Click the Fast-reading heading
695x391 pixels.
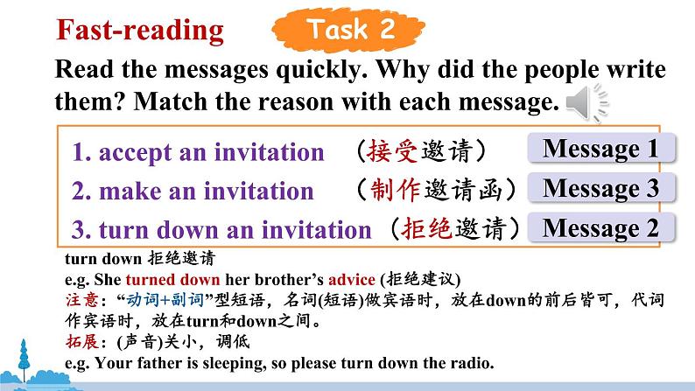[140, 30]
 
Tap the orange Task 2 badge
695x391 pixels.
[349, 30]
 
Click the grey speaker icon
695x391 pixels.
[587, 102]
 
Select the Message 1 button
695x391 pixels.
[601, 148]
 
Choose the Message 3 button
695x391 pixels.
[601, 188]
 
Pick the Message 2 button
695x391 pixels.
[601, 227]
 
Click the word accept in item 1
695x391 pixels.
[135, 153]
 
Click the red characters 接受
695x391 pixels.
[392, 151]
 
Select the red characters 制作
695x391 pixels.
[395, 190]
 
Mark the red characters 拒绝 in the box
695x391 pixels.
[426, 228]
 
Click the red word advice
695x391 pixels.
[352, 280]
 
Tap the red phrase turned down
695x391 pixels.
[172, 280]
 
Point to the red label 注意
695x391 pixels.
[82, 300]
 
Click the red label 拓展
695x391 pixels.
[82, 341]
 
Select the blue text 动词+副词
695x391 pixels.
[165, 300]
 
